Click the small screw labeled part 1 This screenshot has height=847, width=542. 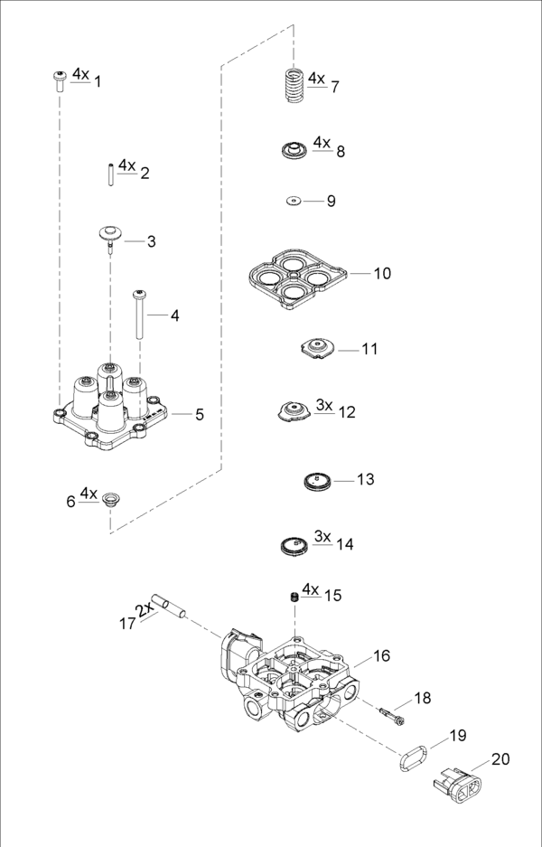point(60,81)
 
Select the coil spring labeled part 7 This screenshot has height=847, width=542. point(290,87)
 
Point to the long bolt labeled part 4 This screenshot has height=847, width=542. point(140,315)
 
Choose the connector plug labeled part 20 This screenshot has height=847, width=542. point(460,785)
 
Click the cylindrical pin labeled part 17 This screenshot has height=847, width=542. point(169,606)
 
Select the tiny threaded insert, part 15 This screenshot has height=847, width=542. point(294,597)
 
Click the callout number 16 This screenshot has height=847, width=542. point(382,655)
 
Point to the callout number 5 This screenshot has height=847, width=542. point(200,414)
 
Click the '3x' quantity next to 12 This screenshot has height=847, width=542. point(324,405)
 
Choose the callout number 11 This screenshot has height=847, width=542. point(370,349)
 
